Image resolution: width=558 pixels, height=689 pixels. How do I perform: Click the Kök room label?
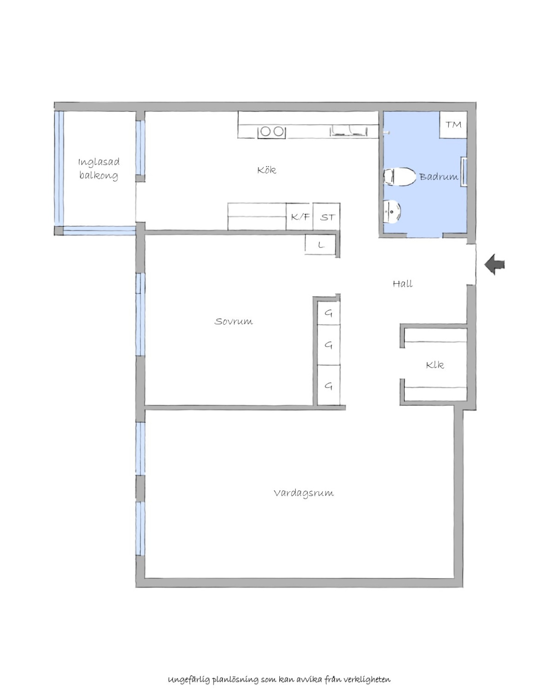pyautogui.click(x=266, y=170)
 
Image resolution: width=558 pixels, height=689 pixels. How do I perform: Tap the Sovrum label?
pyautogui.click(x=233, y=321)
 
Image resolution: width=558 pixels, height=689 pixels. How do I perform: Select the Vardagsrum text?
pyautogui.click(x=304, y=493)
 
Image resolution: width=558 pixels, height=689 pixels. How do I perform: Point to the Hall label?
pyautogui.click(x=403, y=284)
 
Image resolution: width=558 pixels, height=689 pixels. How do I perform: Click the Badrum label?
pyautogui.click(x=438, y=176)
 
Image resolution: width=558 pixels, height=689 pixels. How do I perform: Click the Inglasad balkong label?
pyautogui.click(x=99, y=168)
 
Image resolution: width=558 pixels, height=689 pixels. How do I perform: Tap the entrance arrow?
pyautogui.click(x=494, y=265)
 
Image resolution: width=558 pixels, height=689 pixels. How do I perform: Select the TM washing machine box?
pyautogui.click(x=453, y=125)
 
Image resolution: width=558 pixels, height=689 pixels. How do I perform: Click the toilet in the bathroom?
pyautogui.click(x=399, y=177)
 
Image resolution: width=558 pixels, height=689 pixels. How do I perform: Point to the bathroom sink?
pyautogui.click(x=392, y=212)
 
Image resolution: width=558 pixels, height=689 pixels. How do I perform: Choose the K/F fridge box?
pyautogui.click(x=299, y=217)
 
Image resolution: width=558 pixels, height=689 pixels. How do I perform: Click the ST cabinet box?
pyautogui.click(x=326, y=217)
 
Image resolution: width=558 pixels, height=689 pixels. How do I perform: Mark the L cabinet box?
pyautogui.click(x=320, y=245)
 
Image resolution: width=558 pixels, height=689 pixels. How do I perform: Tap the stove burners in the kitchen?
pyautogui.click(x=272, y=132)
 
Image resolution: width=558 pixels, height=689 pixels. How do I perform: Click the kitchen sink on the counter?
pyautogui.click(x=348, y=131)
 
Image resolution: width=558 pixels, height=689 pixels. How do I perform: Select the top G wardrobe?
pyautogui.click(x=328, y=313)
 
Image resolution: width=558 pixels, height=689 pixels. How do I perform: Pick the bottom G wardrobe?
pyautogui.click(x=328, y=385)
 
